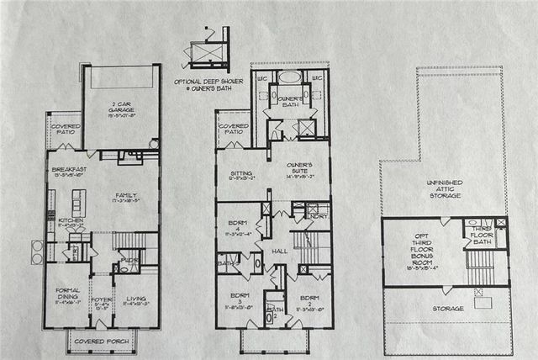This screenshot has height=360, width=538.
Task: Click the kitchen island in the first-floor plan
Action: (x=80, y=202)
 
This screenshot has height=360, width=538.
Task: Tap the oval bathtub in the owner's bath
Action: (x=291, y=77)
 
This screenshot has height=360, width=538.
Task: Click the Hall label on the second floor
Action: (x=280, y=251)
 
